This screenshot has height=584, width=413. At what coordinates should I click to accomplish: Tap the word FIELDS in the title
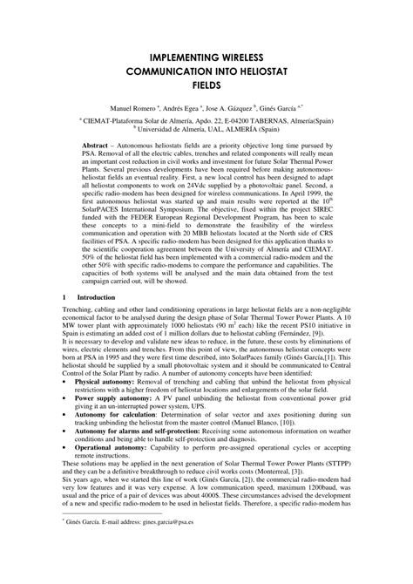[x=206, y=85]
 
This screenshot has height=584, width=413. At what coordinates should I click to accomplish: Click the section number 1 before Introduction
[x=64, y=322]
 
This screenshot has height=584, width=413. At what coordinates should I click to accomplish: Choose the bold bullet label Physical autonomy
[x=104, y=406]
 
